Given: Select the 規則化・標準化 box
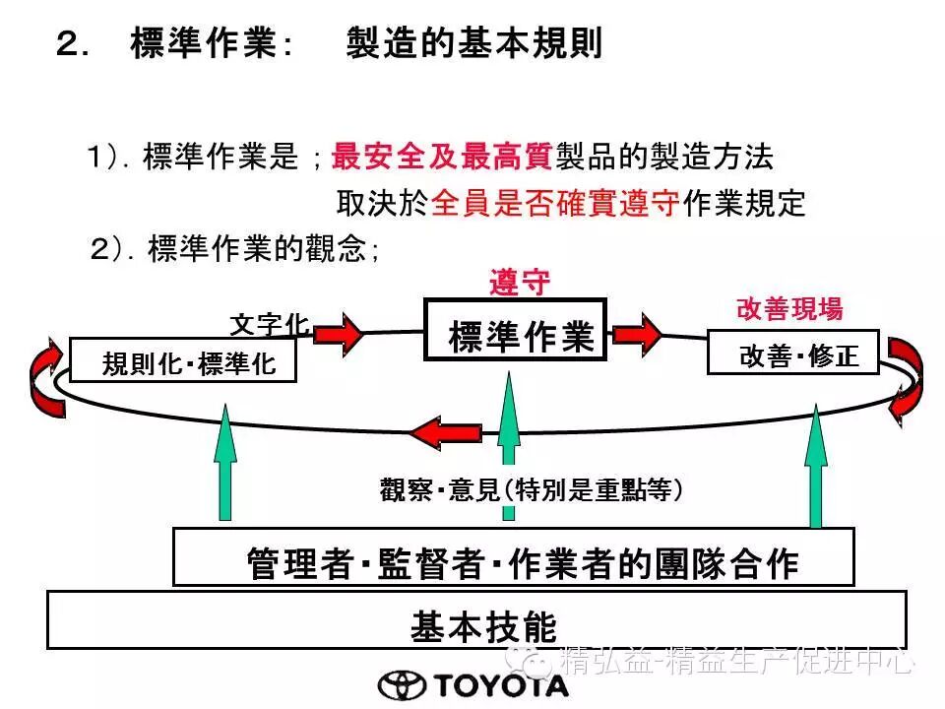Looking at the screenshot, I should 183,360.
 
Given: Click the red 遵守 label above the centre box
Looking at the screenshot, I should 520,283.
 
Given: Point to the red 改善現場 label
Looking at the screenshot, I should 789,309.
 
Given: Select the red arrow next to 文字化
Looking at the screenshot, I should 339,333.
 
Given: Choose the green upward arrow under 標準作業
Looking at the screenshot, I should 508,443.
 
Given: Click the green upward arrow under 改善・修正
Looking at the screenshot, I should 815,468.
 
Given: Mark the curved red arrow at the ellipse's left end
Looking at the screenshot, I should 43,375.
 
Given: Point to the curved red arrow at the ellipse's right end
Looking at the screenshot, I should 904,374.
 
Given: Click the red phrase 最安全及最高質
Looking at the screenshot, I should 442,157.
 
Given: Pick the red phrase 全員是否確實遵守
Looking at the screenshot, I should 555,204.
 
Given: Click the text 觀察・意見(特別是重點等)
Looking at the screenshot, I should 532,489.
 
